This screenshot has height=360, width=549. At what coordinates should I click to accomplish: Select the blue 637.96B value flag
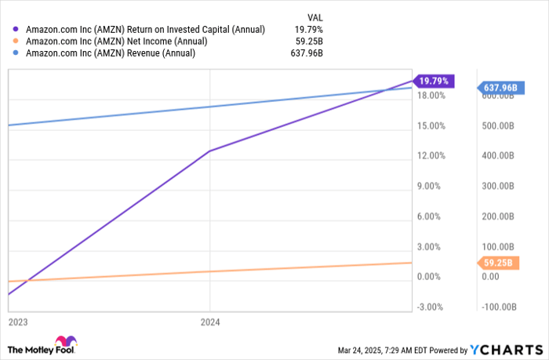499,88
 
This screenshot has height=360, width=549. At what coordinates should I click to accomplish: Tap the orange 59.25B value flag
497,263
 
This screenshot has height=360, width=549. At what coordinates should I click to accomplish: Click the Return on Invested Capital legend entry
146,29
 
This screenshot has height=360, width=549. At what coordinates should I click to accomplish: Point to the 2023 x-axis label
17,322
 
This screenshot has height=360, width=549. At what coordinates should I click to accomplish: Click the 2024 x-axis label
210,322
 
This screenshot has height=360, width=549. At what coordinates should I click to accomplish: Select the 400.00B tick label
497,155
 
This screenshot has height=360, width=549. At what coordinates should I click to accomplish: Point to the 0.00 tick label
490,276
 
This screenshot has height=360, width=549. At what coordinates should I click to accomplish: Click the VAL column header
314,15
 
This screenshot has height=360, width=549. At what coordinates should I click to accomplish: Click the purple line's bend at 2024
209,151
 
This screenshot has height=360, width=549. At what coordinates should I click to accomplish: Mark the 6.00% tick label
431,216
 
